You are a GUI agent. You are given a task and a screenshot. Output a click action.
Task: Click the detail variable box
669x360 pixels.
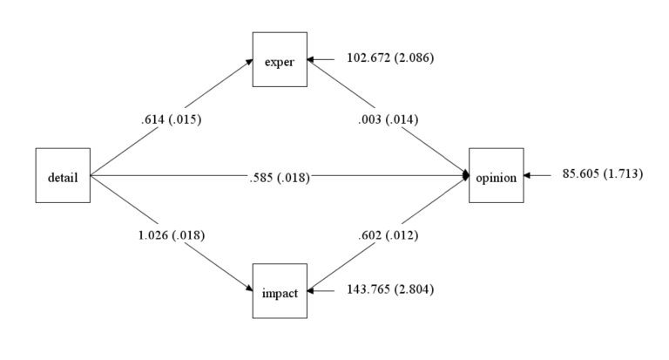(63, 176)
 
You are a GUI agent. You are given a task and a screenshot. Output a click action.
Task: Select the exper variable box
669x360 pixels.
(280, 60)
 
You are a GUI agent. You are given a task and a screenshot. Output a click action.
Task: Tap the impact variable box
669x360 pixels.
(280, 292)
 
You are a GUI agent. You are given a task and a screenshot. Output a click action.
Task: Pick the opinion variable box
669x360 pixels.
(497, 176)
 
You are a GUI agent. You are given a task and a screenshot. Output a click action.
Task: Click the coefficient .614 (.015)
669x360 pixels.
(172, 120)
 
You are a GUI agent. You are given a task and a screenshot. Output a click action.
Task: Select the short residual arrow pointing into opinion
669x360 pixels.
(538, 175)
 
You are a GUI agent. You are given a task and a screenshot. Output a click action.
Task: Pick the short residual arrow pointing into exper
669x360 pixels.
(321, 59)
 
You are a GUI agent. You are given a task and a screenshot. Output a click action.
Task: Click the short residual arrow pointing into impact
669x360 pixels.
(321, 289)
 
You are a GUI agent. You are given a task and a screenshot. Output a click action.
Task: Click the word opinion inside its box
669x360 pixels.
(497, 178)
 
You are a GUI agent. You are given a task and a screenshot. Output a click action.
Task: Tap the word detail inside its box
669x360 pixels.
(63, 178)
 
